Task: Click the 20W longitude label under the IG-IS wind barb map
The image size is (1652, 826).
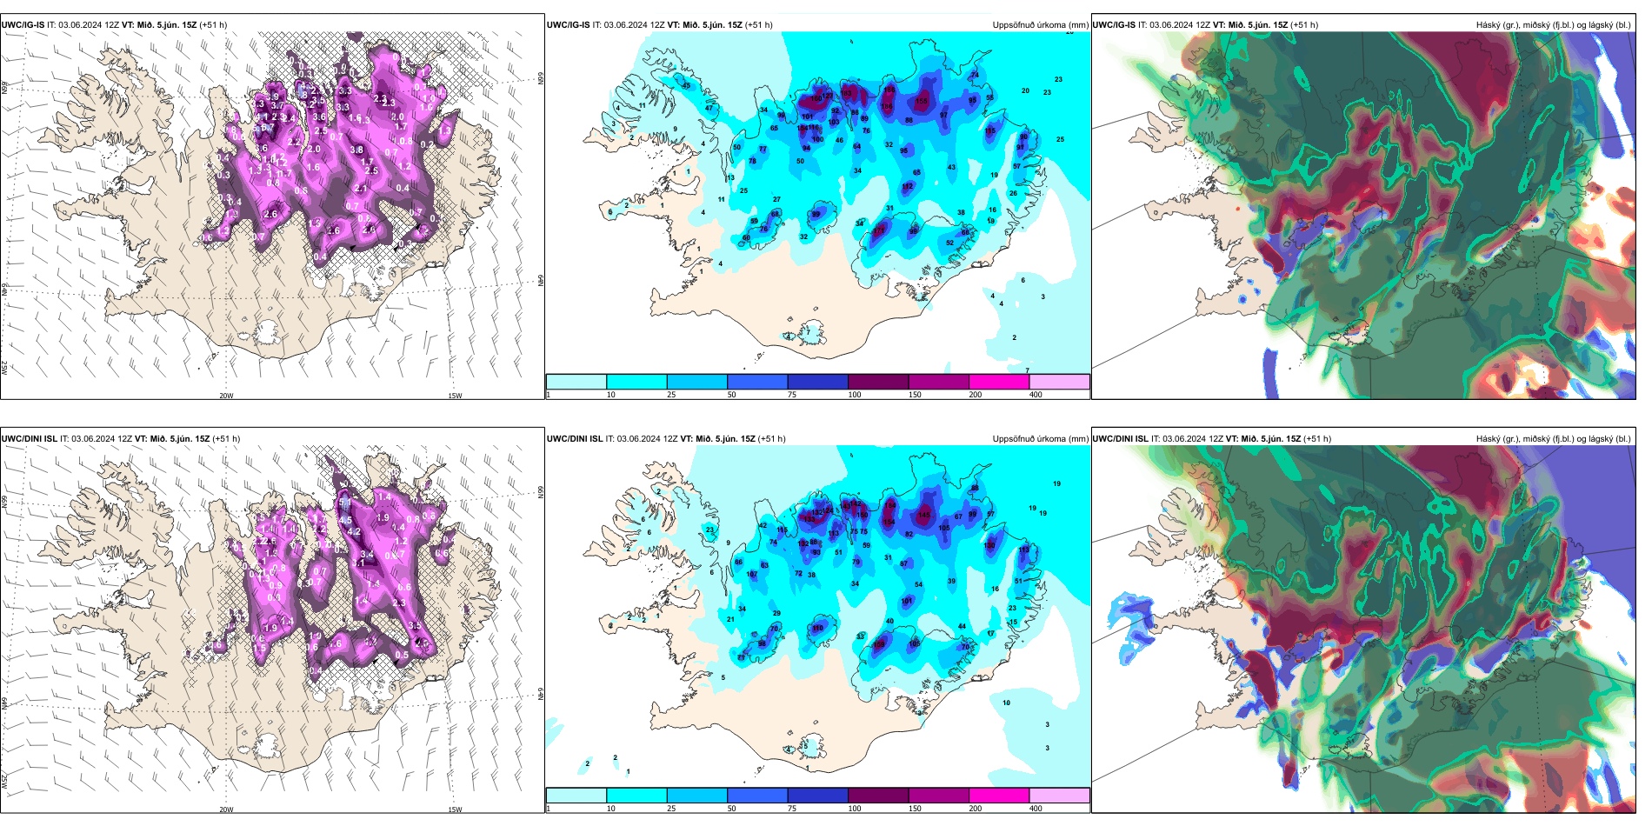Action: pos(226,396)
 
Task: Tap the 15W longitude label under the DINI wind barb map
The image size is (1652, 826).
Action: pos(455,809)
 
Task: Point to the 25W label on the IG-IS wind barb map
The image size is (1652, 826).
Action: pos(4,367)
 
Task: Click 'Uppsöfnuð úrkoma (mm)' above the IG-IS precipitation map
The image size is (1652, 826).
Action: pos(1040,25)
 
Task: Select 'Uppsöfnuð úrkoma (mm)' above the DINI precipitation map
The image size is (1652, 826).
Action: pos(1040,439)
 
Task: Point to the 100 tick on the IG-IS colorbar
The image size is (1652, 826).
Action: pos(855,395)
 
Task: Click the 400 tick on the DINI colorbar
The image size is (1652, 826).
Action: pos(1036,809)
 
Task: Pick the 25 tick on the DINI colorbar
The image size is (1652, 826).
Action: pos(671,809)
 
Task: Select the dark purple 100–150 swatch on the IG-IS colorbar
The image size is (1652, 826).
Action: pos(878,382)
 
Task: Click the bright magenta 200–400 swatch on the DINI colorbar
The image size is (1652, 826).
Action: pos(999,796)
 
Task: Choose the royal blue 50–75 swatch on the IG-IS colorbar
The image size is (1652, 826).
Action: pos(757,382)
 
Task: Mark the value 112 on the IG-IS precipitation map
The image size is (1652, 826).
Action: pos(908,187)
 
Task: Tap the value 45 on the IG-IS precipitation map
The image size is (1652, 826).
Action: pos(686,85)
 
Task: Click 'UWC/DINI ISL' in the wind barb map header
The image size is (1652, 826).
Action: pos(30,439)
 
